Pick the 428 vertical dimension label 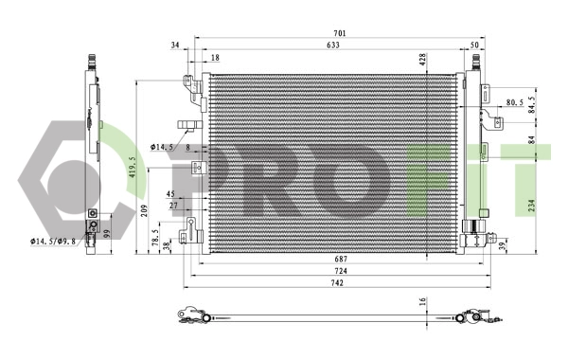(x=423, y=59)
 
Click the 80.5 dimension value (x=515, y=101)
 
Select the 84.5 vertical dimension (x=532, y=102)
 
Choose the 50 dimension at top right (x=473, y=45)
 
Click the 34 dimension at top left (x=175, y=45)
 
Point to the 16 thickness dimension (x=423, y=302)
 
